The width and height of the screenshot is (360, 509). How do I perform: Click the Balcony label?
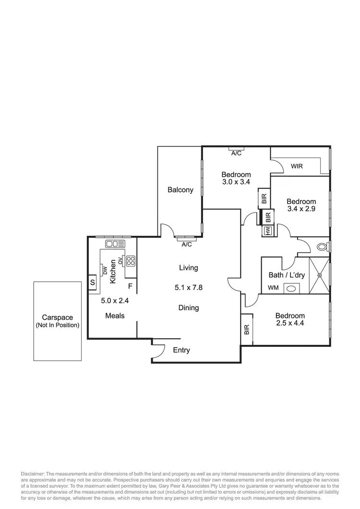point(180,190)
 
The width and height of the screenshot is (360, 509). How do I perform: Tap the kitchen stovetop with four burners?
point(131,261)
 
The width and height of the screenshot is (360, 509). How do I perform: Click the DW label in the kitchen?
point(105,270)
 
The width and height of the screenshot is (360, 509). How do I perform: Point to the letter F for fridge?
point(130,287)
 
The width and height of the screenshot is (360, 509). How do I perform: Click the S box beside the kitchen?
point(92,282)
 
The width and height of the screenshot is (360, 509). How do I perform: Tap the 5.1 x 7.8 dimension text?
point(189,288)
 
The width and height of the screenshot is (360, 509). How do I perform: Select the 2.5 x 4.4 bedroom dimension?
point(290,323)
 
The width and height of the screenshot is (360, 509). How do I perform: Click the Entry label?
point(181,350)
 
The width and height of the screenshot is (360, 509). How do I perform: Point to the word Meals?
point(115,315)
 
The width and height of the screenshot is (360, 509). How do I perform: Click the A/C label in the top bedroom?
point(236,154)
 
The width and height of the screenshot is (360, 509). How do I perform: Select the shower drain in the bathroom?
point(320,275)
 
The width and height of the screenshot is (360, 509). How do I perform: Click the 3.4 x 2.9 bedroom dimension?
point(301,209)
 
